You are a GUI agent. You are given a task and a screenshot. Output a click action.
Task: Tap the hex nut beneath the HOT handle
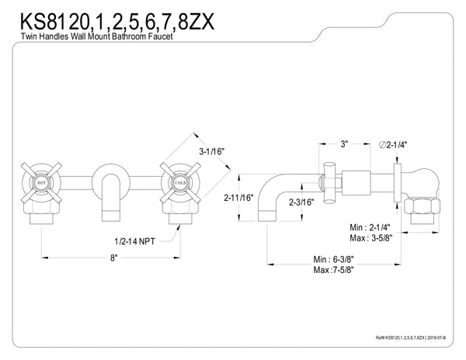point(44,210)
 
